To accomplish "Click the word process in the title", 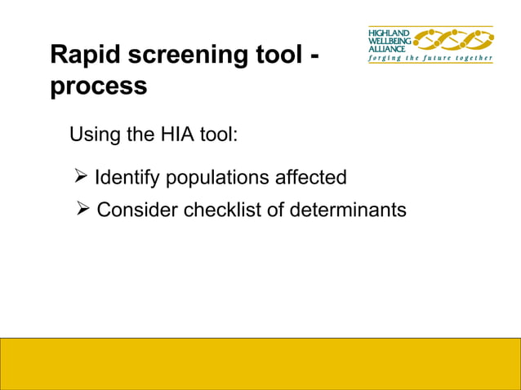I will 99,86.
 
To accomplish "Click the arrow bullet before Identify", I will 81,177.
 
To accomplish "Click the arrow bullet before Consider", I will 82,210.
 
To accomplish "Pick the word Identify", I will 123,177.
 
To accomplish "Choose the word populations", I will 213,178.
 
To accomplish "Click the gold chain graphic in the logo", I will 454,38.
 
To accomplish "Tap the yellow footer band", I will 260,363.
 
